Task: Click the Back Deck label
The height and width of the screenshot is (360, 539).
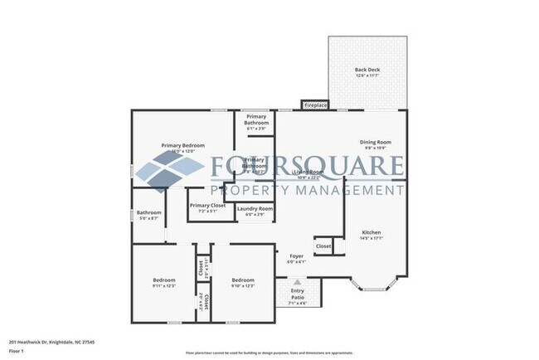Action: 367,70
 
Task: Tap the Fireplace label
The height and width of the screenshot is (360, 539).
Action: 316,106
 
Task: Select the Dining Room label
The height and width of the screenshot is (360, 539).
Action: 375,142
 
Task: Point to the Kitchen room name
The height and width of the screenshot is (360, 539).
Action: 371,232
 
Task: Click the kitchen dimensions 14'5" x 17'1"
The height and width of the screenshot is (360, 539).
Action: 371,238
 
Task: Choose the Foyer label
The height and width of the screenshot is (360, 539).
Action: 296,256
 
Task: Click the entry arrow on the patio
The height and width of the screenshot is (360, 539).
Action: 296,283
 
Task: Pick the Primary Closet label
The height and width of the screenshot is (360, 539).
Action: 207,206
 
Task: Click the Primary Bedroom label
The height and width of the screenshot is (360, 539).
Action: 182,145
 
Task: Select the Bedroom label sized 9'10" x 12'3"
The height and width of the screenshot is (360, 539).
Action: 243,280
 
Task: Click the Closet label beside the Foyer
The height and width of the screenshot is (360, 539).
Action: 323,246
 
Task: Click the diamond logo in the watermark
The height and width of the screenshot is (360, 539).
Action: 168,172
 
